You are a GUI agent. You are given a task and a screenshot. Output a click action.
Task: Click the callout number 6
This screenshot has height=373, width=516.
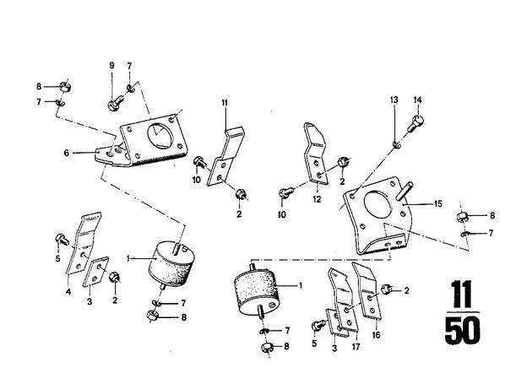(x=67, y=153)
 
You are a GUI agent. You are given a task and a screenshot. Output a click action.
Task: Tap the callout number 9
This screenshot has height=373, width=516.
(x=111, y=66)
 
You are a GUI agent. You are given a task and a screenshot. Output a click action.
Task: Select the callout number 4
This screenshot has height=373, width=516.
(x=68, y=291)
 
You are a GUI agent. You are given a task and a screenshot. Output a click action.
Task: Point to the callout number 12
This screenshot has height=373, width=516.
(x=317, y=199)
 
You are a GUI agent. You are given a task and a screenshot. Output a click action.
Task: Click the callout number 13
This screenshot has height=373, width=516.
(x=394, y=100)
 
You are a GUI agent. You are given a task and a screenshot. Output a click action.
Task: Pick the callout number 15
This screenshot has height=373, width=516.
(x=438, y=204)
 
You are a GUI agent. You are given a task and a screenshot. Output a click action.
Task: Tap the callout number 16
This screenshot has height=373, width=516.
(x=376, y=334)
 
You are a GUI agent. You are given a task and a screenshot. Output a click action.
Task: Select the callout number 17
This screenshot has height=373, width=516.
(x=356, y=346)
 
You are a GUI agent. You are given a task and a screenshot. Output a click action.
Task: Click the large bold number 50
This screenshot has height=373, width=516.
(x=462, y=330)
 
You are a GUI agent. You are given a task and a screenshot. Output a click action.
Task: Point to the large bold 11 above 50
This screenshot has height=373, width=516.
(x=462, y=294)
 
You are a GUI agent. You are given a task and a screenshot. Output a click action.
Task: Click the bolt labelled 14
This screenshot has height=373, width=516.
(x=416, y=123)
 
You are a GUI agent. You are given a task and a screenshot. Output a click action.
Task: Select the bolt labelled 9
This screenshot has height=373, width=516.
(x=115, y=102)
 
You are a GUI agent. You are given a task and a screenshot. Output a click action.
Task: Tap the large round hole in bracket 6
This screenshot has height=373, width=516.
(x=160, y=136)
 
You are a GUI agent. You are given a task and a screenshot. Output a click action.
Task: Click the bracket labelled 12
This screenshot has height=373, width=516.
(x=316, y=154)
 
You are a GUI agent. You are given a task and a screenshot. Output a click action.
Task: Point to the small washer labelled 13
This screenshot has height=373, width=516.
(x=396, y=143)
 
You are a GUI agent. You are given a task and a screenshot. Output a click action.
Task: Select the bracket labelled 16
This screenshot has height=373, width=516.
(x=367, y=291)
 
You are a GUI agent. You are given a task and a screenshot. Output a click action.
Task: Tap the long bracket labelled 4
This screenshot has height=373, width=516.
(x=83, y=243)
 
